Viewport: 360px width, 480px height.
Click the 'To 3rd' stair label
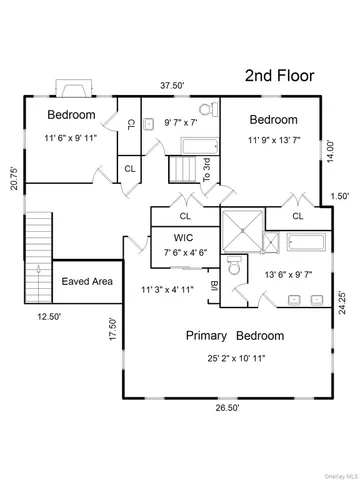click(x=207, y=170)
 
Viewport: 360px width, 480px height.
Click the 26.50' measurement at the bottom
click(x=230, y=407)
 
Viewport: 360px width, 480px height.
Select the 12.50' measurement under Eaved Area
click(x=49, y=316)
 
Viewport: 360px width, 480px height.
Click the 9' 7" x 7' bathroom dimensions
click(x=183, y=122)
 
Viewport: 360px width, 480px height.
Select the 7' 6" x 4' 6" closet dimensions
click(x=185, y=252)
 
